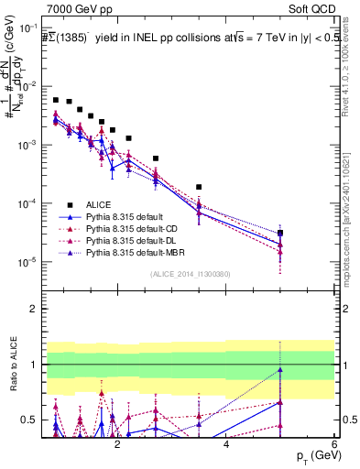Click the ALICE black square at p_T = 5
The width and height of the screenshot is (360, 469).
280,233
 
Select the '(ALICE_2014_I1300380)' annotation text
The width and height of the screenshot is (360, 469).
191,274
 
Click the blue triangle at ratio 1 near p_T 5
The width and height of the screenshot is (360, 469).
280,370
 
